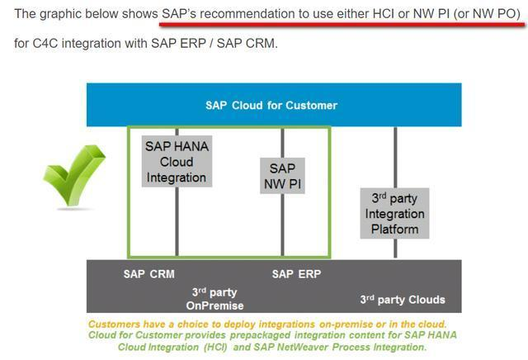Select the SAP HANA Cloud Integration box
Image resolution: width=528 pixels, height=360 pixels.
tap(177, 161)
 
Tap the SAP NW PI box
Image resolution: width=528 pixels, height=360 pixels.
tap(282, 176)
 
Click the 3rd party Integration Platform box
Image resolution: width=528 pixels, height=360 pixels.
tap(395, 213)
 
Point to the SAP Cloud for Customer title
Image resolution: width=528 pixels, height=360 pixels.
tap(271, 105)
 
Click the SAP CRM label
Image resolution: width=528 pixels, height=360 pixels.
tap(148, 274)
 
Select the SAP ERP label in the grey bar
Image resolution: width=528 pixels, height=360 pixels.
tap(296, 274)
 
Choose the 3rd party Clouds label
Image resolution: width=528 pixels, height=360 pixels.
tap(403, 299)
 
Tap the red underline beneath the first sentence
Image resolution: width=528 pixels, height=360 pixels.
tap(338, 25)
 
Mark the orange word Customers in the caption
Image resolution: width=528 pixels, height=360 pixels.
tap(115, 324)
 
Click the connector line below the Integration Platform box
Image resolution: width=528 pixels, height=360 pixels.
tap(396, 249)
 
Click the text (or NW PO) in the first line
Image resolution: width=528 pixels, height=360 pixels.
tap(488, 14)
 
